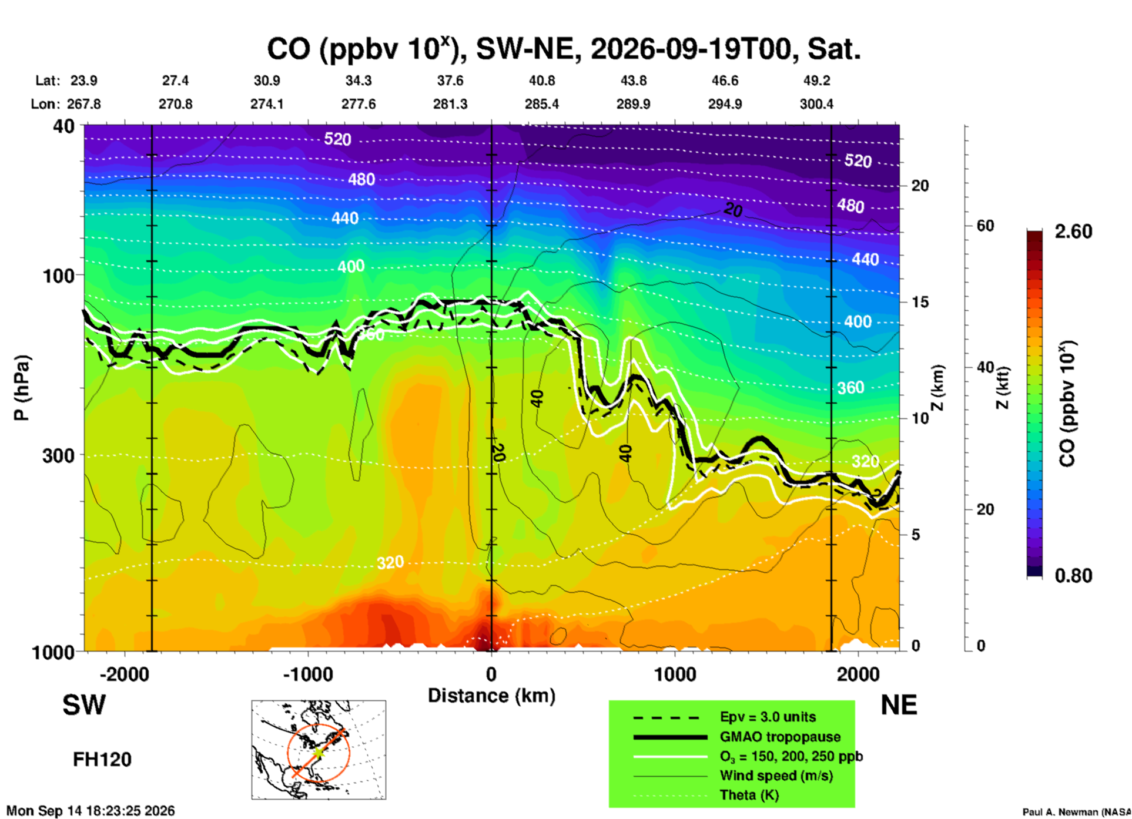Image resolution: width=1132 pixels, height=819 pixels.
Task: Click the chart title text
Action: pos(564,48)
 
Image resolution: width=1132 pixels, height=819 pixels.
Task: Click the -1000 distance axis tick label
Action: pos(308,674)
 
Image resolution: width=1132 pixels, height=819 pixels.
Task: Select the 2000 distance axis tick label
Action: pos(859,674)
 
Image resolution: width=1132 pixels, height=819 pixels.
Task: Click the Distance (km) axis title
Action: pos(491,696)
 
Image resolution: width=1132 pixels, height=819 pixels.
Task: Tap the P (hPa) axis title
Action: pos(22,388)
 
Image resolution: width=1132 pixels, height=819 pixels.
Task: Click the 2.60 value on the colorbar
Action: pos(1073,231)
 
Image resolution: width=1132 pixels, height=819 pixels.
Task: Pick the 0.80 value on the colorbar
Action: pos(1073,576)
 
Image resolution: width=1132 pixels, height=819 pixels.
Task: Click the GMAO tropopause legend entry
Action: pos(780,737)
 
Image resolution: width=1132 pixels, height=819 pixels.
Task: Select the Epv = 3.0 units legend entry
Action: pos(768,717)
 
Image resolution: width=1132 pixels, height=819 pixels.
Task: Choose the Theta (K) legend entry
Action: pos(749,795)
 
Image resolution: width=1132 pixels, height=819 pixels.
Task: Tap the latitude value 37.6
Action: pos(450,80)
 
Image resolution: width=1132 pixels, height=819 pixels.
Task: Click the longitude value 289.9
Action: pos(633,104)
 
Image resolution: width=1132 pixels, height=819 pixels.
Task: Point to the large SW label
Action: pos(84,705)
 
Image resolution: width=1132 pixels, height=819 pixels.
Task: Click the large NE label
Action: pos(899,705)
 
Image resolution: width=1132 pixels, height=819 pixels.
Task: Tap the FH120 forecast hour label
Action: pos(102,760)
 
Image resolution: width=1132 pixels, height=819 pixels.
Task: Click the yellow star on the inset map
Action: pos(318,753)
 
